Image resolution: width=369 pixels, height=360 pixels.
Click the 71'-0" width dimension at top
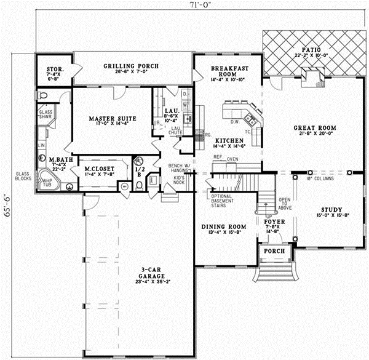(200, 6)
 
